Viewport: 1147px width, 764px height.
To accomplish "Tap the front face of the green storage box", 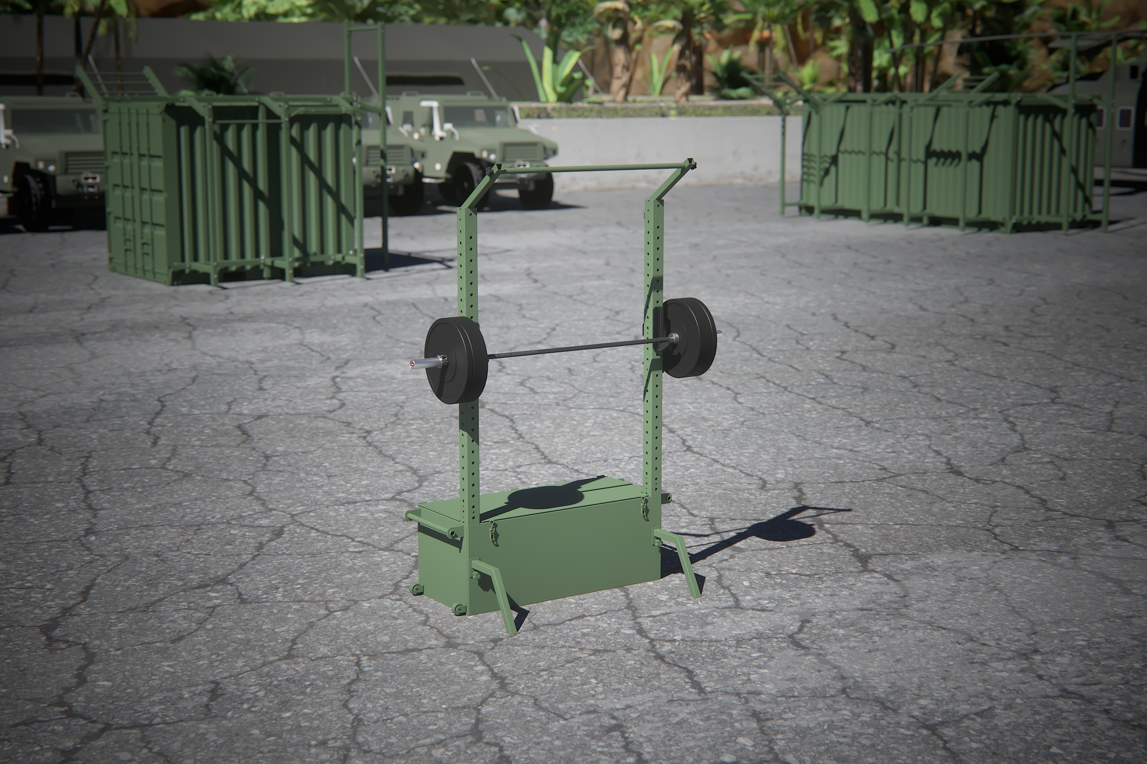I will point(566,560).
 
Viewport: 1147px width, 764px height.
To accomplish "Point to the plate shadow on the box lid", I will point(546,497).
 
